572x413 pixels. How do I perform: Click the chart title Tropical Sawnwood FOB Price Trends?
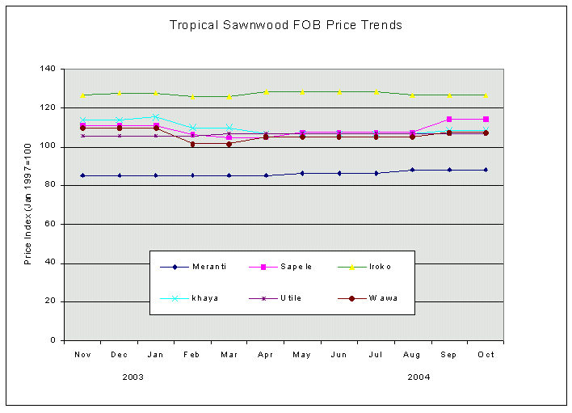(x=285, y=25)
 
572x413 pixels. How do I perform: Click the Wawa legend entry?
(x=385, y=298)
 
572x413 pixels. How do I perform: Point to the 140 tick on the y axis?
(x=54, y=70)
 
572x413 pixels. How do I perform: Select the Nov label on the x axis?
(x=82, y=355)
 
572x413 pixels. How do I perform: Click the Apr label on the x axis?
(x=266, y=355)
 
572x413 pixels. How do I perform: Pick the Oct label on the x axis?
(x=486, y=355)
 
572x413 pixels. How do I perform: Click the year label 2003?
(x=133, y=377)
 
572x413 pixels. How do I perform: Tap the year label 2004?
(x=418, y=377)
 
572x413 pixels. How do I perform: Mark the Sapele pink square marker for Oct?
(x=486, y=119)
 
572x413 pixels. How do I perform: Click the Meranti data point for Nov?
(x=82, y=175)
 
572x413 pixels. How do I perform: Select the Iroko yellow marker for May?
(x=302, y=92)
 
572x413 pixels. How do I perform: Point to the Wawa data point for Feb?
(x=192, y=144)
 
